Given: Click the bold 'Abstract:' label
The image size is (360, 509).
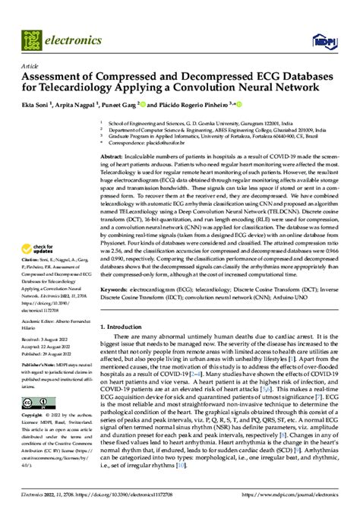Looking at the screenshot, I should coord(114,155).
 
